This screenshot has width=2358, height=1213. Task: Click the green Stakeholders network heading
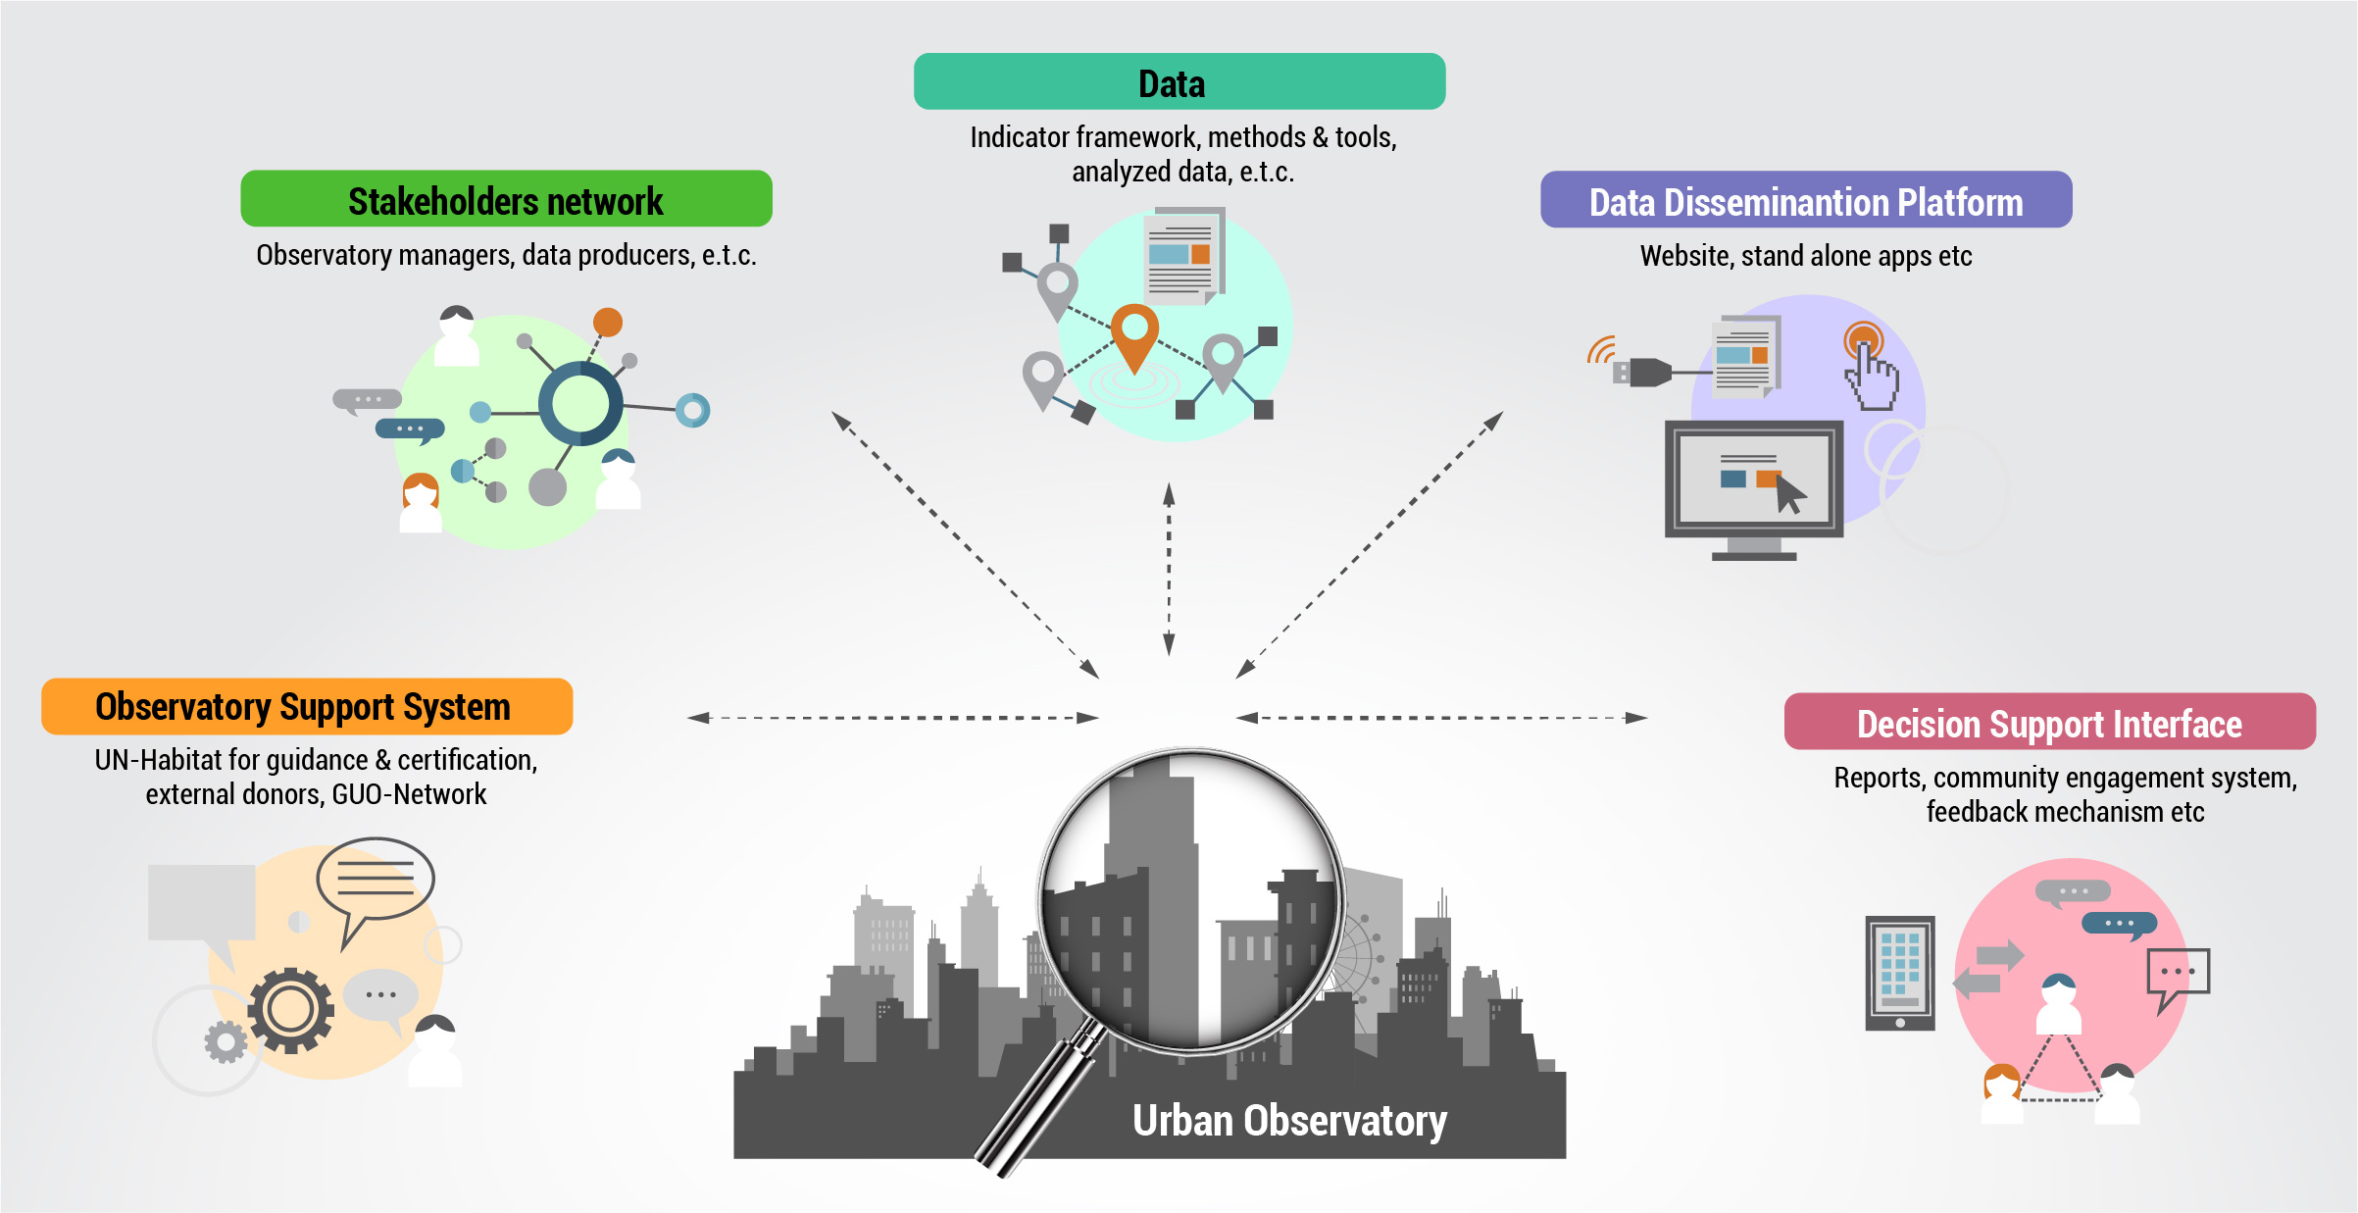[x=506, y=200]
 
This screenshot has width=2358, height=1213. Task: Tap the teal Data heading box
[x=1179, y=82]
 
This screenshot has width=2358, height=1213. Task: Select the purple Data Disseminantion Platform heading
[x=1805, y=201]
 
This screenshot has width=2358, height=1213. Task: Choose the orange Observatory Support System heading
[x=306, y=707]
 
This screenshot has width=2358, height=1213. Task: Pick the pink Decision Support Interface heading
[x=2049, y=723]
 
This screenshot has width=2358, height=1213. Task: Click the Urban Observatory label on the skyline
[x=1288, y=1120]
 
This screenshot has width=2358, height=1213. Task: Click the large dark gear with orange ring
[x=289, y=1009]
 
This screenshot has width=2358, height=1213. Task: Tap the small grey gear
[x=226, y=1041]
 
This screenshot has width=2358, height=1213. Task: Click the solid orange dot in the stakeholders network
[x=608, y=322]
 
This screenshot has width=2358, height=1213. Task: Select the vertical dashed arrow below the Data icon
[x=1169, y=569]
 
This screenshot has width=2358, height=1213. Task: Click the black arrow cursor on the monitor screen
[x=1790, y=493]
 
